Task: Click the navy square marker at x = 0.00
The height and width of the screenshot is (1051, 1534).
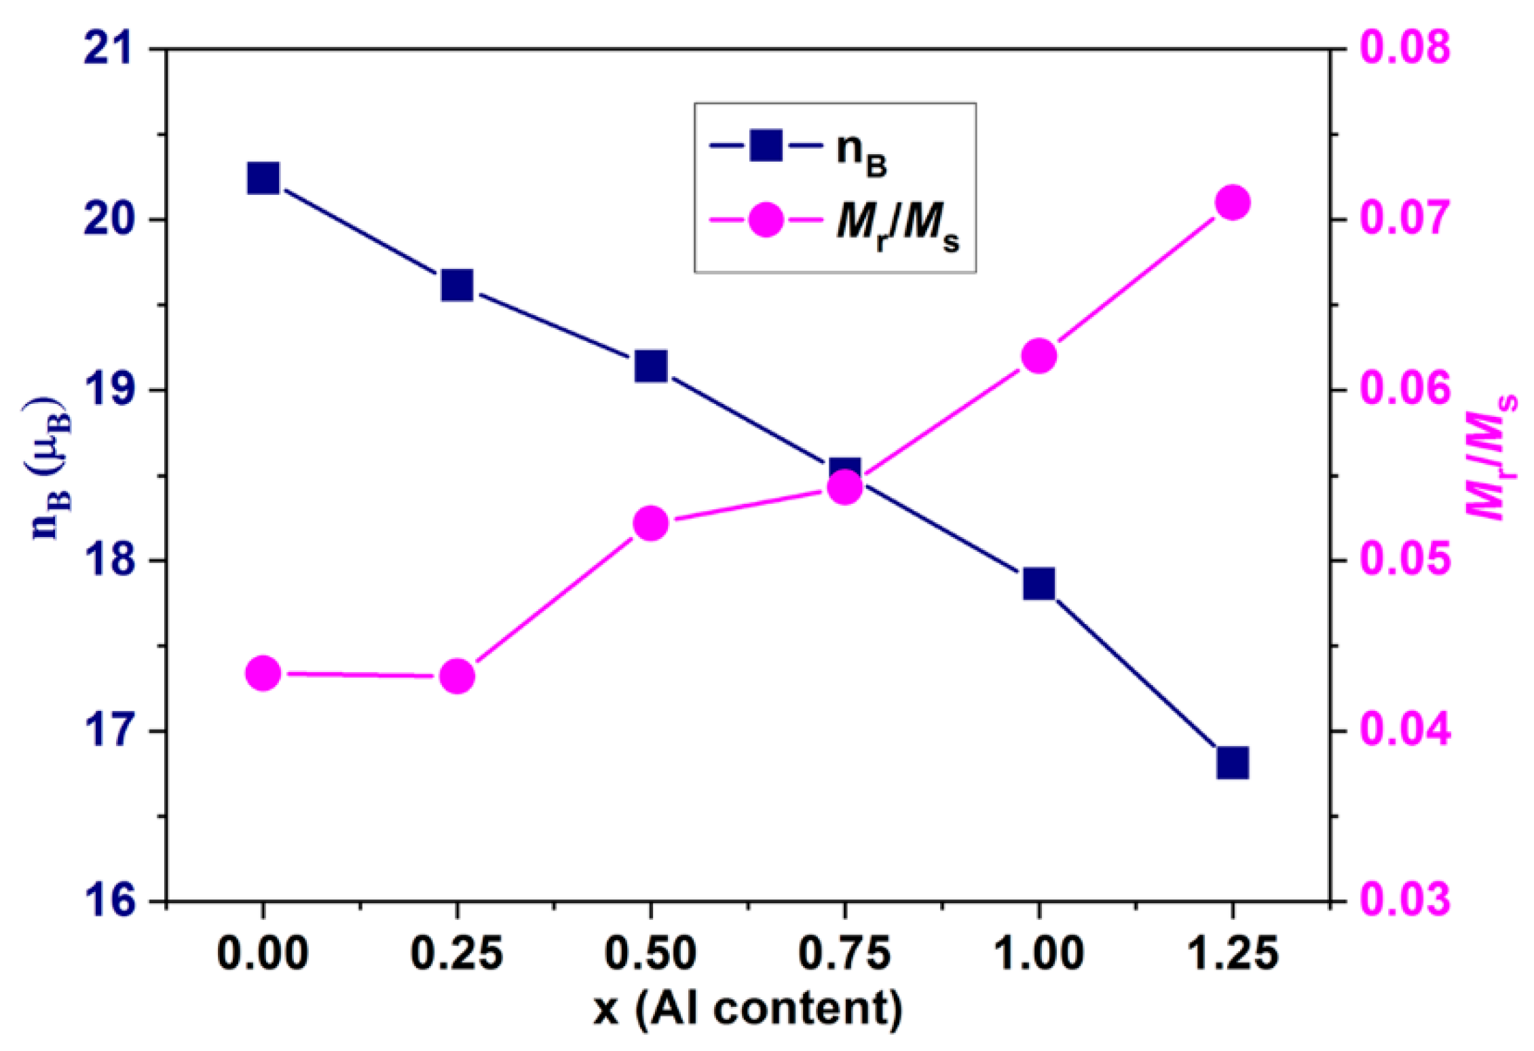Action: (x=263, y=179)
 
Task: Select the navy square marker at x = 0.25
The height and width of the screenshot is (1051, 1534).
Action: (x=457, y=285)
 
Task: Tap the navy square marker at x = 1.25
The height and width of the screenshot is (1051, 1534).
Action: (x=1233, y=762)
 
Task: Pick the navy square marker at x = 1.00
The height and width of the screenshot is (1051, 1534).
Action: (x=1039, y=584)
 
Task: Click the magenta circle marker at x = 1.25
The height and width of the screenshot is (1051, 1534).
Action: (x=1233, y=203)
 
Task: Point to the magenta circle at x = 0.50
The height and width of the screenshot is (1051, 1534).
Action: (x=651, y=523)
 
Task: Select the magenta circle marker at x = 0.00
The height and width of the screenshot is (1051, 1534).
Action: (x=263, y=674)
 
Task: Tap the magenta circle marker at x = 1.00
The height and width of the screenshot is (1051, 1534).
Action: (x=1039, y=356)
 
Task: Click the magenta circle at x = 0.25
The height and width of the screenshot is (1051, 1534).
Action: (x=457, y=676)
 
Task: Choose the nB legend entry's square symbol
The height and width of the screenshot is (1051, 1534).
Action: (x=766, y=145)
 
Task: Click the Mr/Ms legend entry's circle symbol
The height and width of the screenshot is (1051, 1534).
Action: (x=766, y=220)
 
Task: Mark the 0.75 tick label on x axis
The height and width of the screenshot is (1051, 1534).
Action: (x=844, y=953)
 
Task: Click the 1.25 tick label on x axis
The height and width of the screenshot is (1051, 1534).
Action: (x=1233, y=953)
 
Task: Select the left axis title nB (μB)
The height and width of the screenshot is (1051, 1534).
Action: (x=51, y=468)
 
